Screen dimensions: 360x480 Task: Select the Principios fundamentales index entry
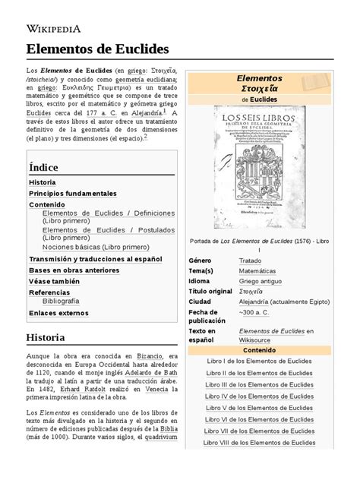click(x=72, y=194)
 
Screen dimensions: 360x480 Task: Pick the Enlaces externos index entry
click(x=58, y=313)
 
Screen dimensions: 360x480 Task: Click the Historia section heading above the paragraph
click(x=45, y=337)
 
